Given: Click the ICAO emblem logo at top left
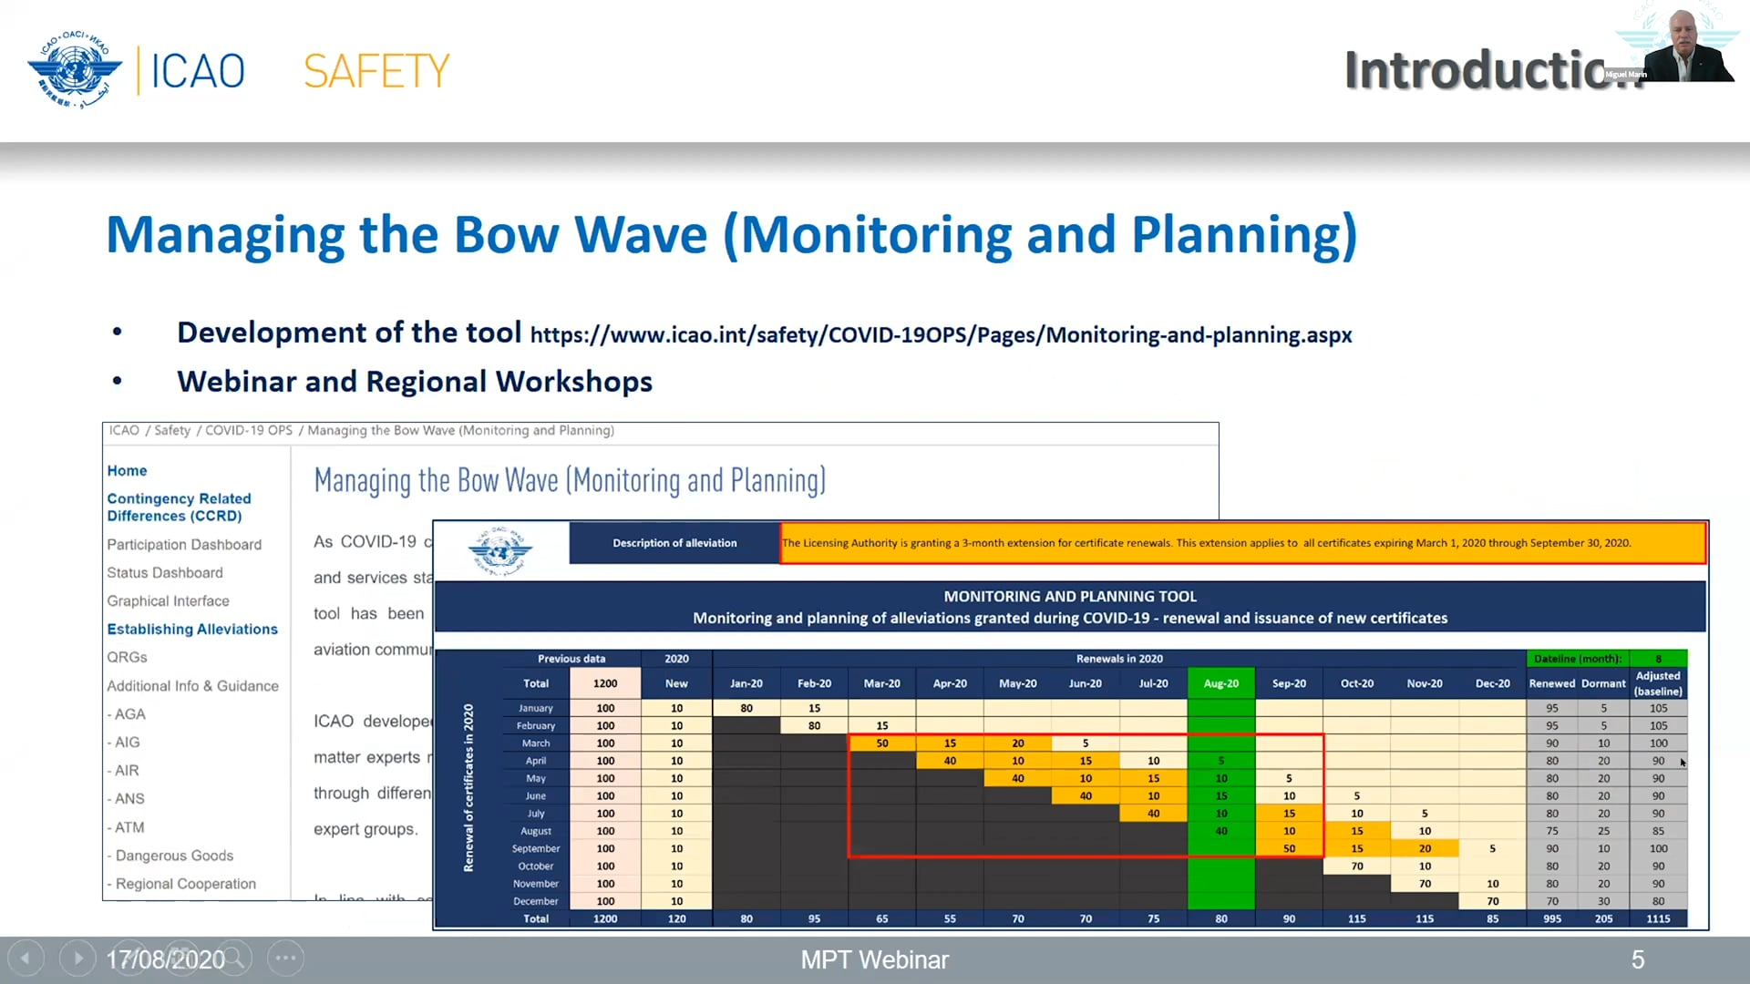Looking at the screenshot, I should point(74,70).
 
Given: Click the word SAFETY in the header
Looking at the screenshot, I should point(376,71).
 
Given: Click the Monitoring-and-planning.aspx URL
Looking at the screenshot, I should point(940,335).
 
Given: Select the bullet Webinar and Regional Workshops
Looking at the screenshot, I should point(414,382).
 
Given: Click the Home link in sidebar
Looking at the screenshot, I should point(127,471).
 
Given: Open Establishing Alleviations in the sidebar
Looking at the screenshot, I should point(192,630).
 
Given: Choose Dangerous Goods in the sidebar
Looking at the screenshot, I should point(174,856).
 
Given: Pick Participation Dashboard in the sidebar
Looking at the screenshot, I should point(184,545).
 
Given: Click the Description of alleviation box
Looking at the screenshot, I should point(674,543).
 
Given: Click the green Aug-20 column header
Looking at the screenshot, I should point(1220,683).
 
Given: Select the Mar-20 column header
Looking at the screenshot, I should point(881,683).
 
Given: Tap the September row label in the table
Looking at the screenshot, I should point(535,848).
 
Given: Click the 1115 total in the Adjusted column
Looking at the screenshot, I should point(1658,918).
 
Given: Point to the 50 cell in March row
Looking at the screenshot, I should point(881,743).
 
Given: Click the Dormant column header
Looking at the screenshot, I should point(1603,683).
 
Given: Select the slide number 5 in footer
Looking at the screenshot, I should point(1637,959).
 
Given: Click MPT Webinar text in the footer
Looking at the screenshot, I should point(874,959).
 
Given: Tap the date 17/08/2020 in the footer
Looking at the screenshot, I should point(165,959).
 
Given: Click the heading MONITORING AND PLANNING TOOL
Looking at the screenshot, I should point(1069,597).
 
